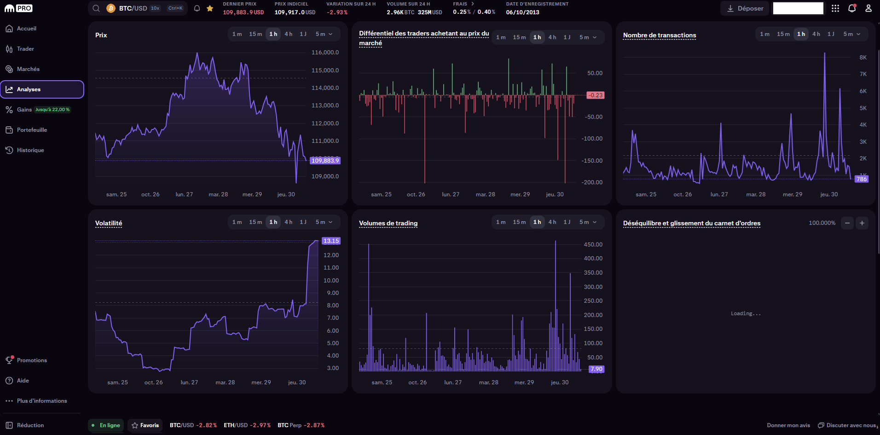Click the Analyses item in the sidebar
coord(29,89)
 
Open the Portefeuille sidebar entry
coord(32,130)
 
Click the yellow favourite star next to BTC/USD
coord(210,8)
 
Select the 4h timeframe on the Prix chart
coord(288,34)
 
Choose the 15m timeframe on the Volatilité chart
coord(255,222)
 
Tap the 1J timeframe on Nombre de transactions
coord(831,34)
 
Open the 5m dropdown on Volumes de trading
coord(588,222)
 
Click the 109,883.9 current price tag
coord(325,160)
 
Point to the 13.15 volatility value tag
coord(331,241)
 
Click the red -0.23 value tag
coord(596,95)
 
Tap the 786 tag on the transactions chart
coord(861,179)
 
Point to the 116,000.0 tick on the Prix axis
coord(325,53)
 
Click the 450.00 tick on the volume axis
coord(593,245)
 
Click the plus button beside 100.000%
coord(862,223)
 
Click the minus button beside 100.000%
coord(847,223)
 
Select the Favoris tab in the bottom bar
coord(145,425)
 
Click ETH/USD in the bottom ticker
coord(236,425)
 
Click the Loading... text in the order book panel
coord(746,313)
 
